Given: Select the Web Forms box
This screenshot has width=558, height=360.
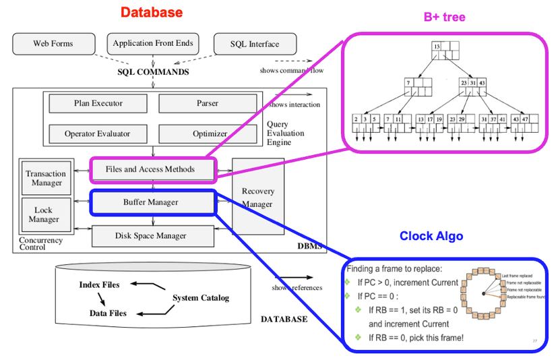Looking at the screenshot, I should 53,44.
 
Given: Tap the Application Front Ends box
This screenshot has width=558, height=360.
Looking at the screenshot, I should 153,44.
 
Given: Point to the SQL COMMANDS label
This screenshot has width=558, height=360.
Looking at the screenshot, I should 153,72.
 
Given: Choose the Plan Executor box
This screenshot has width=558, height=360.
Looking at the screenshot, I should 98,104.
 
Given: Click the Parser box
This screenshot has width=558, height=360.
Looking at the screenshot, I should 208,104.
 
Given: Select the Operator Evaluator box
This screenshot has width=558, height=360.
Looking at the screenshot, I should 98,133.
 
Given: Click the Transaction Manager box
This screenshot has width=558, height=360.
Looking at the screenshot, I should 46,179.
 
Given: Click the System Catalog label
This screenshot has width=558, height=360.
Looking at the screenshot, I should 201,298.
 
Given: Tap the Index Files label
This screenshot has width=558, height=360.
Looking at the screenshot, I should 99,284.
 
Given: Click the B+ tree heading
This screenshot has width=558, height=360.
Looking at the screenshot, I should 445,17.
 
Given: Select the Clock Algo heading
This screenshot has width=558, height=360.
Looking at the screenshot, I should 431,236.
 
